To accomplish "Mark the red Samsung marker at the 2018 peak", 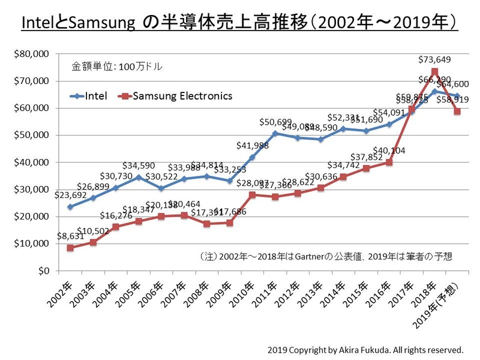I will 434,71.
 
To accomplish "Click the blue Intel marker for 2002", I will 70,206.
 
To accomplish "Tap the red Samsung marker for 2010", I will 253,194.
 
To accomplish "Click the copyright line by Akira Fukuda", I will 366,349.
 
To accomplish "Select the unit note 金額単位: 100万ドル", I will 117,67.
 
